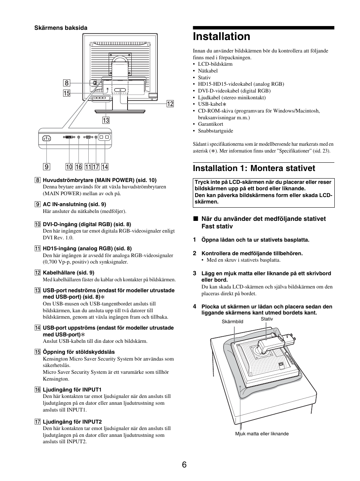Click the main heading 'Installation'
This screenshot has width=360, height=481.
click(222, 37)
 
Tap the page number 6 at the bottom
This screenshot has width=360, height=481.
click(184, 465)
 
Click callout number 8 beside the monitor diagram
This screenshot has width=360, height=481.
click(66, 83)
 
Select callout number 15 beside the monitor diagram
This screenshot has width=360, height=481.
click(66, 93)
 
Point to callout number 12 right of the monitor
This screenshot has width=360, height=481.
click(170, 103)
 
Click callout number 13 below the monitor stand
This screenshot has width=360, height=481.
click(106, 120)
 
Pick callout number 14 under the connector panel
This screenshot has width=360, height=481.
click(105, 166)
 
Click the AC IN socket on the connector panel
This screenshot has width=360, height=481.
click(47, 139)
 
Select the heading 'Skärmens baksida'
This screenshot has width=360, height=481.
click(61, 28)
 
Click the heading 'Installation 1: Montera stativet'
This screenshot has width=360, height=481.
click(254, 168)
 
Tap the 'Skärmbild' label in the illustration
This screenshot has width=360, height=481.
click(232, 322)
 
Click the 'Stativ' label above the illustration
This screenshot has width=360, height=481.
click(267, 319)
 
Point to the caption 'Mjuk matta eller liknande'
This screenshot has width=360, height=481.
click(262, 434)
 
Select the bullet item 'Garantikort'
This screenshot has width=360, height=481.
click(211, 124)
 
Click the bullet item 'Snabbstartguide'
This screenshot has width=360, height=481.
click(215, 131)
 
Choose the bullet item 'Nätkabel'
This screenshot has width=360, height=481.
click(208, 71)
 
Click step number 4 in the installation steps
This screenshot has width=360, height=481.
click(195, 307)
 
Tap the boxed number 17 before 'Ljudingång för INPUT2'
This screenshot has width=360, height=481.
click(38, 422)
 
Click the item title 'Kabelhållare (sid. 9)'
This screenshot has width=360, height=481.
click(68, 273)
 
